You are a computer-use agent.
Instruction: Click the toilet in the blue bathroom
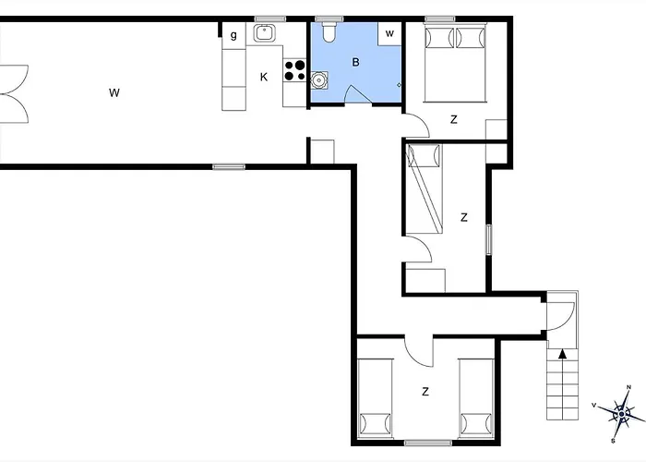point(329,32)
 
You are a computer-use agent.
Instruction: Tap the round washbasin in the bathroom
point(319,80)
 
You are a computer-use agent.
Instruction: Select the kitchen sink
point(264,33)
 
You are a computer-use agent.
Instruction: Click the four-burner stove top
point(294,70)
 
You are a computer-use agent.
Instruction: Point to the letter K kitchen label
point(264,77)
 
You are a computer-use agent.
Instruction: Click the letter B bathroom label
point(355,62)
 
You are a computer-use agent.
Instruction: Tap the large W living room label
point(114,92)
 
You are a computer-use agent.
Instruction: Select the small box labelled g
point(233,35)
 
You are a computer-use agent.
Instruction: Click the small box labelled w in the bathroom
point(389,34)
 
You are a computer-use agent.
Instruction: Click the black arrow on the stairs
point(562,354)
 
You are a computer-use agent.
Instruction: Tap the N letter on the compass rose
point(628,387)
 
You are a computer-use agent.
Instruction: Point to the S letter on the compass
point(613,441)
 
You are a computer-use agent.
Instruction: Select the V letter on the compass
point(593,406)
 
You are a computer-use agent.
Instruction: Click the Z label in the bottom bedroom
point(425,391)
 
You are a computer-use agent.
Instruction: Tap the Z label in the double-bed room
point(454,119)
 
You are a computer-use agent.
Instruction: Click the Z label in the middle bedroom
point(464,217)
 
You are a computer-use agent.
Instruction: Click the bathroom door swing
point(357,93)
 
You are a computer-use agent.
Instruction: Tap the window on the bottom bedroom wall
point(428,443)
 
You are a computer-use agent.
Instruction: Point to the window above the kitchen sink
point(269,18)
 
